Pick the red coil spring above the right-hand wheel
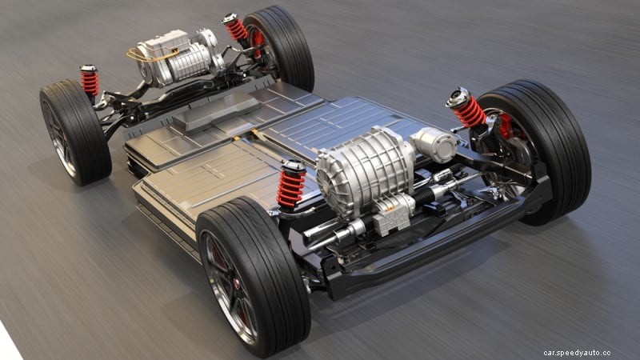click(470, 112)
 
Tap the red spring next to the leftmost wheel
click(90, 82)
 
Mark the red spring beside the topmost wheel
click(236, 30)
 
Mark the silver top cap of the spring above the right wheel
click(458, 97)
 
